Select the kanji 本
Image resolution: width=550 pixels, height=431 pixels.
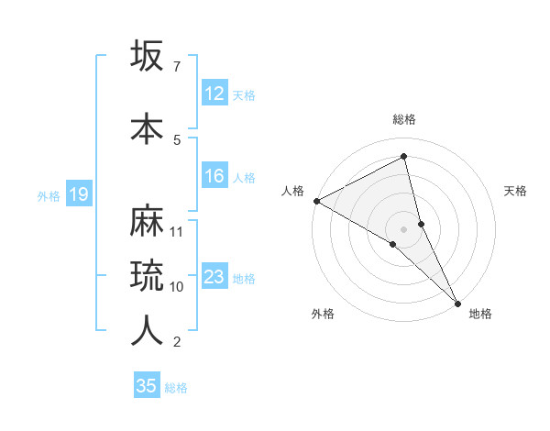(147, 127)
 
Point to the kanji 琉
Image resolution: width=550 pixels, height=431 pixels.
(147, 274)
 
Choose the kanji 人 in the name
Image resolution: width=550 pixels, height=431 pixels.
(147, 330)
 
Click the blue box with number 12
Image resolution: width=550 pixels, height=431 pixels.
(214, 94)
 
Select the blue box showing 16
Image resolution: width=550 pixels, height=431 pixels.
(214, 176)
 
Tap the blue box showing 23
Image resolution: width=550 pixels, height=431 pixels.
(214, 277)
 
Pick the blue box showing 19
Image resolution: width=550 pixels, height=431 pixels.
(78, 194)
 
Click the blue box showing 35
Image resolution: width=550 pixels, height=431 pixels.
(147, 386)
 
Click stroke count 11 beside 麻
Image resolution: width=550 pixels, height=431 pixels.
(178, 231)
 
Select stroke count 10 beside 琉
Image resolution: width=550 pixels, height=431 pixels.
(178, 286)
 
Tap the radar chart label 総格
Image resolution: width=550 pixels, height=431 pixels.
(403, 119)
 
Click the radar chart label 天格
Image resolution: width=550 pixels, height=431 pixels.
(516, 191)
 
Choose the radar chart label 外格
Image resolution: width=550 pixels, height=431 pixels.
(323, 314)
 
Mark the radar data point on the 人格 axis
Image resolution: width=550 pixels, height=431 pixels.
(315, 201)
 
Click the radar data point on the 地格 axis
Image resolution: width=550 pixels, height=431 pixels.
(457, 302)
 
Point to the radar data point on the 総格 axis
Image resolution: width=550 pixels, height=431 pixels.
(403, 157)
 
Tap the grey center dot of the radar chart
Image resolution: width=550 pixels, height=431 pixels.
(403, 228)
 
